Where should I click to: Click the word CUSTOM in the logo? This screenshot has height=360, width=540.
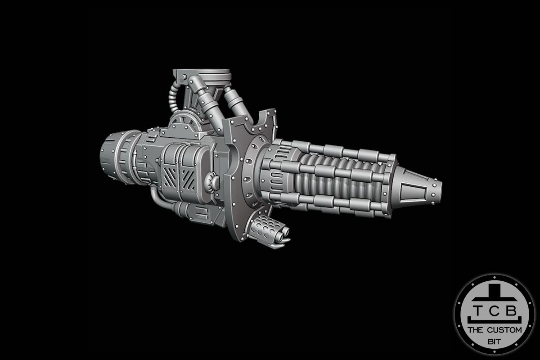[x=506, y=330]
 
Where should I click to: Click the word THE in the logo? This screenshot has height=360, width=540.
[x=476, y=330]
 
